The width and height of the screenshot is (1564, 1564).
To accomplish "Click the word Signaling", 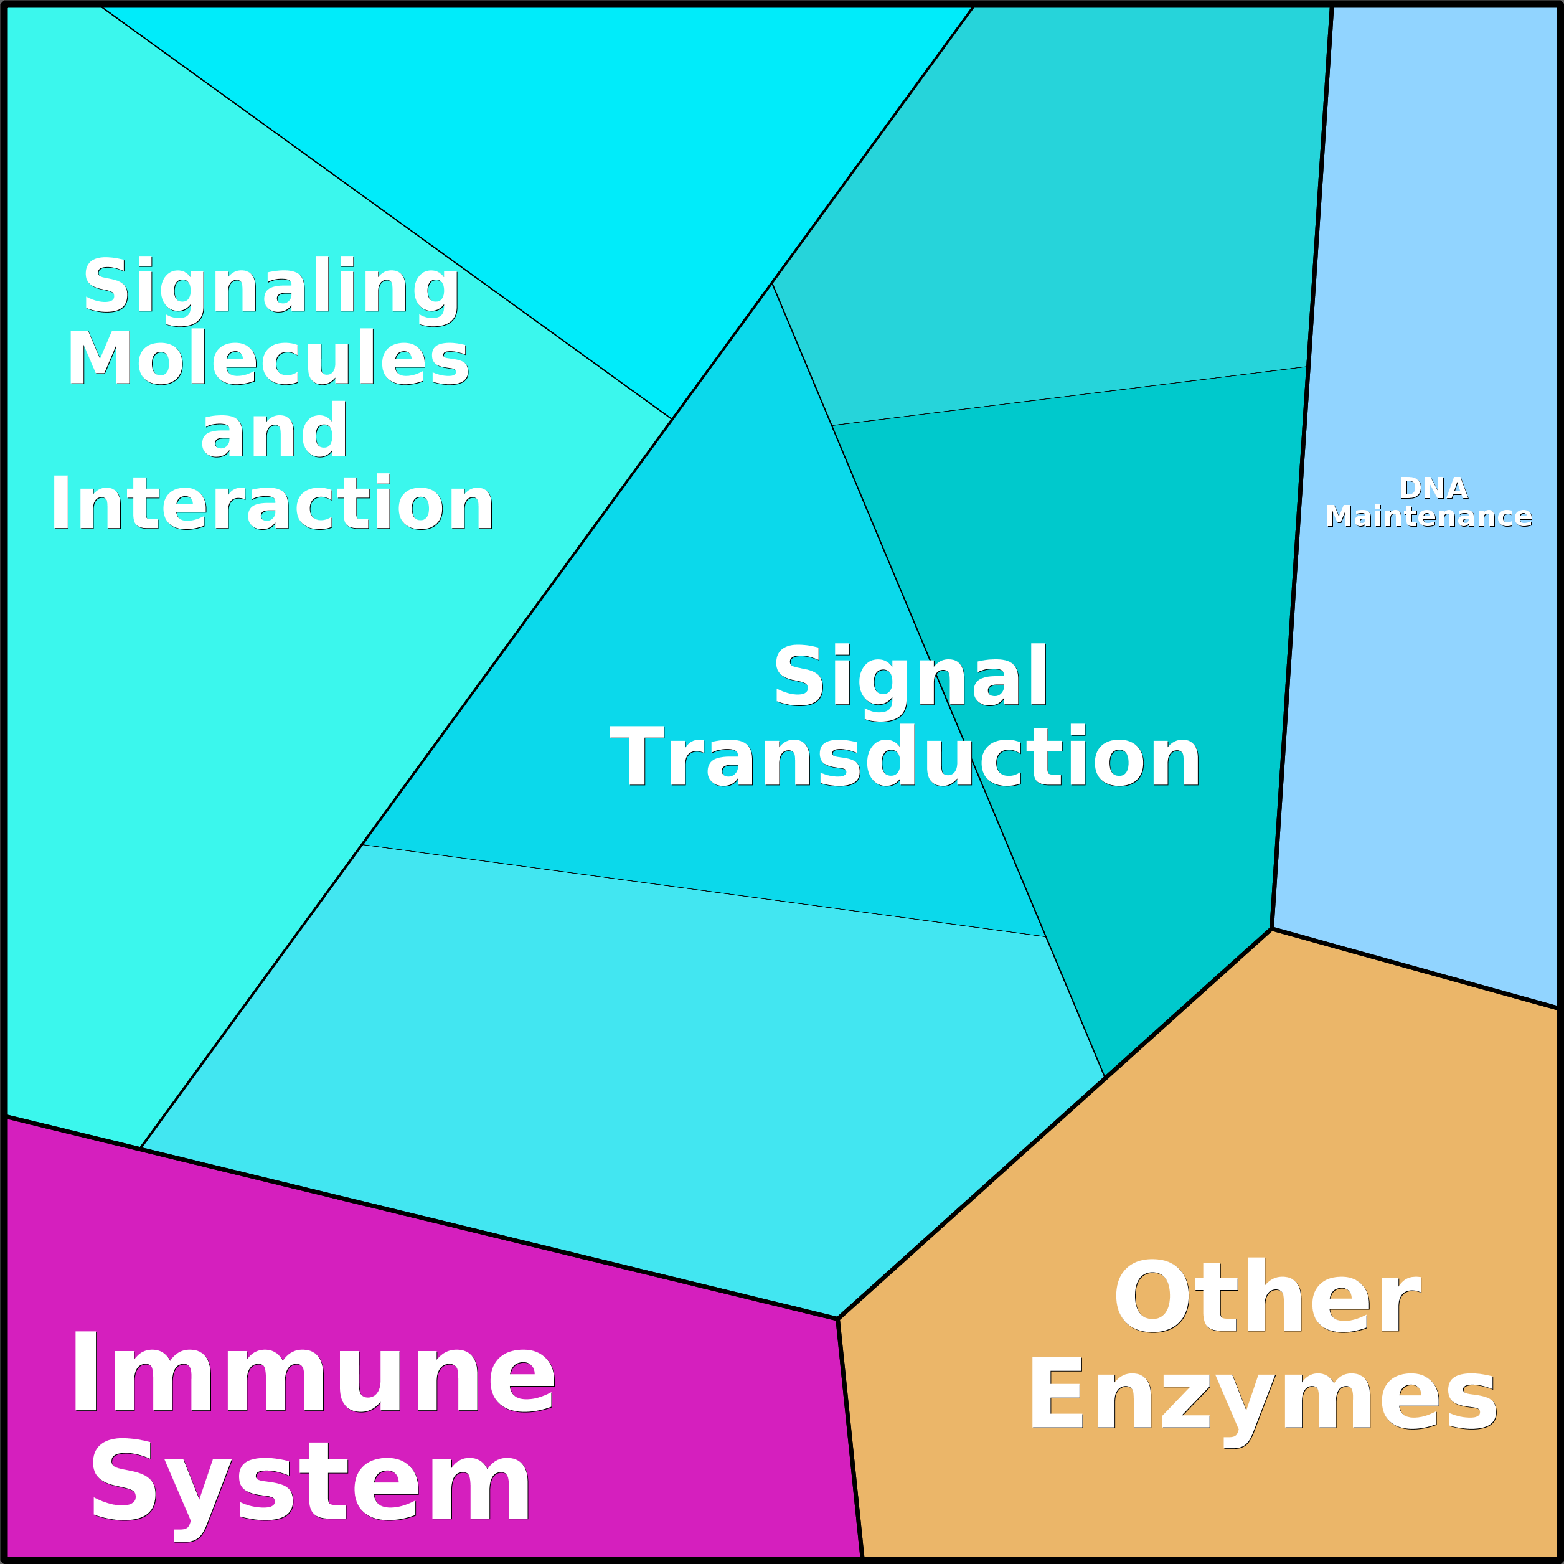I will tap(271, 286).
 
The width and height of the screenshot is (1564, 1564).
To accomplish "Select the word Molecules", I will tap(268, 359).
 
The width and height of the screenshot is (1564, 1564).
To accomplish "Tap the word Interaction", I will tap(272, 504).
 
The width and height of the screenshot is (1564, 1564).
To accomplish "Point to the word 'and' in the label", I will tap(273, 431).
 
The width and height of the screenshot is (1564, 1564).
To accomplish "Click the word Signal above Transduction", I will tap(911, 676).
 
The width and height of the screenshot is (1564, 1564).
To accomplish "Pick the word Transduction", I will tap(904, 757).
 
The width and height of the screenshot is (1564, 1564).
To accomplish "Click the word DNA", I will tap(1433, 488).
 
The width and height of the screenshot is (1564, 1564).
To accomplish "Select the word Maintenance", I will tap(1429, 517).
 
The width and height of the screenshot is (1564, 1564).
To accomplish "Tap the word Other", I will tap(1267, 1297).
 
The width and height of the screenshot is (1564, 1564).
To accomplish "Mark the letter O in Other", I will tap(1152, 1297).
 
